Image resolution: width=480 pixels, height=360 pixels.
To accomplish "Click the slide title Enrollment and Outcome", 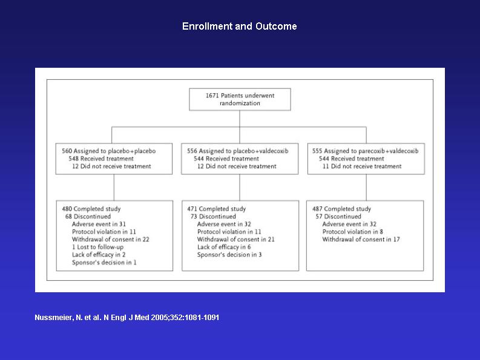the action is [x=239, y=27].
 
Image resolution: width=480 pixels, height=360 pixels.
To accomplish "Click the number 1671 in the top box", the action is [x=212, y=96].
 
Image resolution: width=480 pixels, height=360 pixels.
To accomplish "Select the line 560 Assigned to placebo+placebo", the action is [x=109, y=151].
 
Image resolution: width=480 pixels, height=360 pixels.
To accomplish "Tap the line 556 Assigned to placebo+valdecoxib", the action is [x=237, y=151].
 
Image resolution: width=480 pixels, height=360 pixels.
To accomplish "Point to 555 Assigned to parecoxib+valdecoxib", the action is [x=365, y=151].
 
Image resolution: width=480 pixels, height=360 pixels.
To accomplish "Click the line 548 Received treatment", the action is [x=101, y=159].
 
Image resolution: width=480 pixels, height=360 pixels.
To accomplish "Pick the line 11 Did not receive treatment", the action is [x=362, y=166].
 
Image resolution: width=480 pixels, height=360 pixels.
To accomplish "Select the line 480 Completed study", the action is [x=91, y=209].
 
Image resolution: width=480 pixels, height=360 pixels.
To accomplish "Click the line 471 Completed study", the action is [x=217, y=209].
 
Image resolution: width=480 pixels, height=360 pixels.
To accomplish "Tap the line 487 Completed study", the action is [x=341, y=209].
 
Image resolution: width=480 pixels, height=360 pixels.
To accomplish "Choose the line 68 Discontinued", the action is [x=88, y=217].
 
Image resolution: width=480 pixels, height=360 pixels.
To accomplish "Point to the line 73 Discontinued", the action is [x=213, y=217].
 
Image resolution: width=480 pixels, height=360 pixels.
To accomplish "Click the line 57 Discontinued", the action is [x=338, y=217].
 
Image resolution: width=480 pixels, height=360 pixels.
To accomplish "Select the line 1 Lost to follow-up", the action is [x=97, y=247].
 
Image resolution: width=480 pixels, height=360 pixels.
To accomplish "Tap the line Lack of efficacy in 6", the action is [x=224, y=247].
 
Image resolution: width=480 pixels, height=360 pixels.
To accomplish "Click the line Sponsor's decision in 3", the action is [x=229, y=255].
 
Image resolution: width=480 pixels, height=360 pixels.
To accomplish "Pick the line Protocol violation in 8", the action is [x=353, y=232].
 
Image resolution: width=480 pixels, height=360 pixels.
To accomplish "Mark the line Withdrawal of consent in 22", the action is [x=111, y=240].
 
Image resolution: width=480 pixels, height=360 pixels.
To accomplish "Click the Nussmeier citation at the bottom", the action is [x=127, y=318].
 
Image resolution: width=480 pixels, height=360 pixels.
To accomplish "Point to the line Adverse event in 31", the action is [x=99, y=224].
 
